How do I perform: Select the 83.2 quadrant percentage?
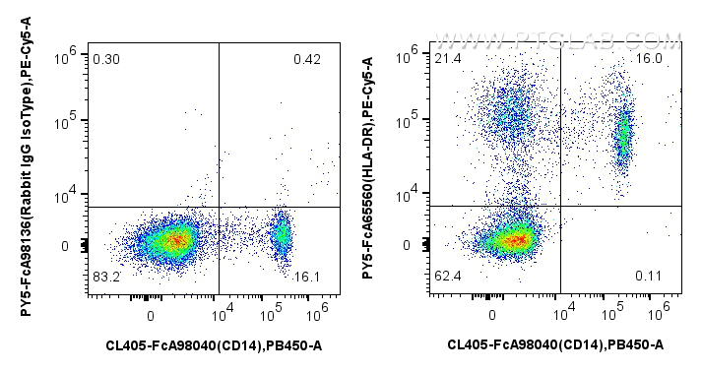(105, 278)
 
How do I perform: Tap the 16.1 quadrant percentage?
(307, 278)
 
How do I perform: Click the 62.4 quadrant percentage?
(448, 278)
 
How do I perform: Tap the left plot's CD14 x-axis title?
(214, 344)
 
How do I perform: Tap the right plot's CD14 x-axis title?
(555, 344)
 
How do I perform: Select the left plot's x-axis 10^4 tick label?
(223, 314)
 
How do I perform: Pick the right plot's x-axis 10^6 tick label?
(660, 314)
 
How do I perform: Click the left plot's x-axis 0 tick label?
(151, 315)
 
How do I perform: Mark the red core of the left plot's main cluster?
(173, 239)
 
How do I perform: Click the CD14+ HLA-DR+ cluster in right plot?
(622, 138)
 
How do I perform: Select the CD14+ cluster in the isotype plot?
(282, 234)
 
